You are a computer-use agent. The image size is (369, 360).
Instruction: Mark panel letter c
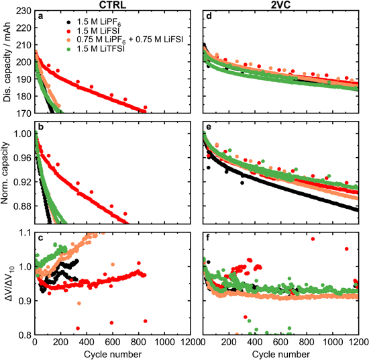pos(41,236)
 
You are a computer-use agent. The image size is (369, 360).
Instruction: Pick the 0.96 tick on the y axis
pos(20,158)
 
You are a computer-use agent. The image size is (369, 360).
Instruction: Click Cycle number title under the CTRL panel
pos(113,354)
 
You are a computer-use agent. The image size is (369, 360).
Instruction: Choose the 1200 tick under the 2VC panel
pos(356,343)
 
